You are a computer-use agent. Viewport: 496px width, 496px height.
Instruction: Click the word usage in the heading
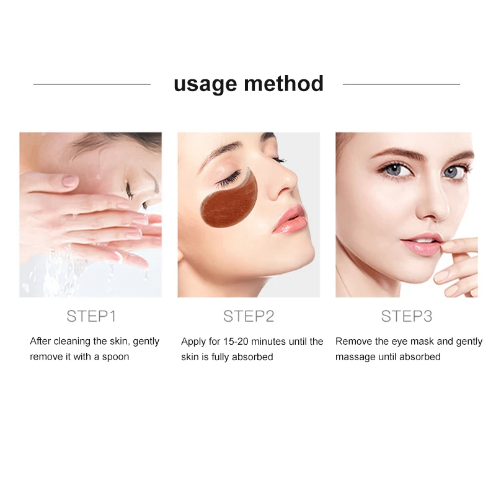[206, 84]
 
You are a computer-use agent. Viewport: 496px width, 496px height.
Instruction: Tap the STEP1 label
[91, 316]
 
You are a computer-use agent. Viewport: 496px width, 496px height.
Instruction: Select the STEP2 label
[249, 316]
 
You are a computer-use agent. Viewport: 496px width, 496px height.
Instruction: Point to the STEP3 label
[406, 316]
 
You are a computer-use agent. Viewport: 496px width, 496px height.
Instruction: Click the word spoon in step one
[115, 357]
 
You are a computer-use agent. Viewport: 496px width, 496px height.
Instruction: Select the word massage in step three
[356, 357]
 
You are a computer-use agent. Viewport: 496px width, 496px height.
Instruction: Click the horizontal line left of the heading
[92, 84]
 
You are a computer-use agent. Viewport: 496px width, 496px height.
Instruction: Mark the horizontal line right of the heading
[401, 84]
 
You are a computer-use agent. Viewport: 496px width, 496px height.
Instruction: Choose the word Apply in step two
[193, 342]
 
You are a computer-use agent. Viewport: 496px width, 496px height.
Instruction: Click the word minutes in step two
[277, 342]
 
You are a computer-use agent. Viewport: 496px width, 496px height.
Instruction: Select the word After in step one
[40, 342]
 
